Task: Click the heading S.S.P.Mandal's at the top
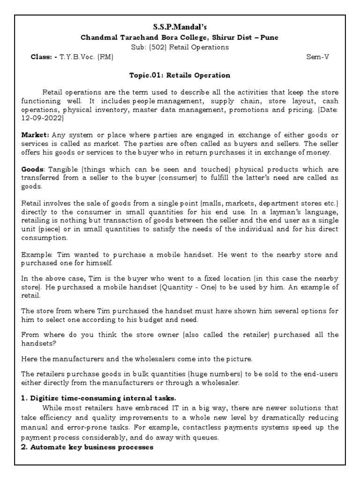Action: [x=180, y=29]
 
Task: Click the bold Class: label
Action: [x=42, y=57]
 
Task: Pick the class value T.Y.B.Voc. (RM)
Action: [x=86, y=57]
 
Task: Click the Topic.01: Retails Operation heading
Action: [x=180, y=75]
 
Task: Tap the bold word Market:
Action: [x=36, y=135]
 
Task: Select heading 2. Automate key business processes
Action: [x=87, y=447]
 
